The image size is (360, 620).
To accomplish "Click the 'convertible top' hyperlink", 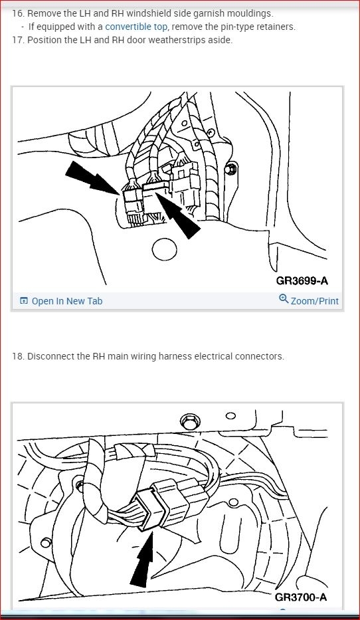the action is click(x=136, y=27).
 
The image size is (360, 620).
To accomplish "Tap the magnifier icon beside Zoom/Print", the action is click(x=284, y=298).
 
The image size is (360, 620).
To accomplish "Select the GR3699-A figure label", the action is click(x=302, y=280).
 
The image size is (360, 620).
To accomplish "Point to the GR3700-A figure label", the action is click(x=301, y=597).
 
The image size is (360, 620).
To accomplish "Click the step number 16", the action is click(x=18, y=13).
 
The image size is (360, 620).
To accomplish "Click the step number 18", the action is click(x=18, y=356).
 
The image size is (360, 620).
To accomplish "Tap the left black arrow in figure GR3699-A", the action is click(x=92, y=177).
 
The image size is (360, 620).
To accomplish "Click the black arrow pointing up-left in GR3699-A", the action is click(x=178, y=215).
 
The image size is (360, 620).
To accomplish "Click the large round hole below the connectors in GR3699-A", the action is click(x=164, y=249).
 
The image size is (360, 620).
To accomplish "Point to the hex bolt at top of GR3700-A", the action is click(x=190, y=421).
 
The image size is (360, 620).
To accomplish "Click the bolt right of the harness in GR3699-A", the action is click(x=230, y=169).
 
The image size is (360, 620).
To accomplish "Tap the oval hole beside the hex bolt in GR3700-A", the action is click(x=230, y=415).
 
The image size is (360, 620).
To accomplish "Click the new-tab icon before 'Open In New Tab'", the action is click(x=24, y=301).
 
